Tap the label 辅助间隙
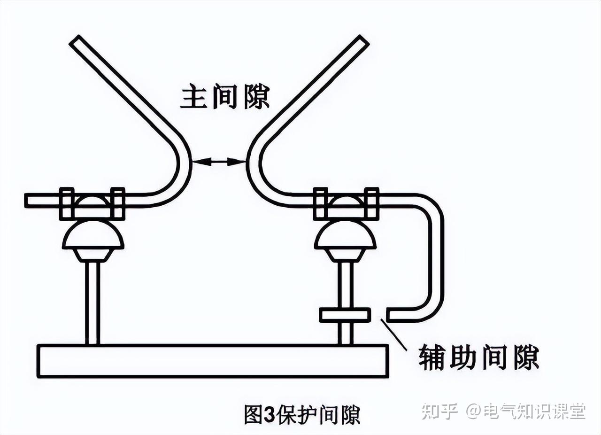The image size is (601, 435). point(478,358)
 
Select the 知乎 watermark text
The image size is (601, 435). point(439,411)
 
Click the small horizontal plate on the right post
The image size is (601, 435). point(345,315)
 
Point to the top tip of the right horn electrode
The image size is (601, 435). point(362,41)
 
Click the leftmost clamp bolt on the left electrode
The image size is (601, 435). point(67,203)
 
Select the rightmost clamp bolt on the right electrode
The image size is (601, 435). point(372,203)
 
